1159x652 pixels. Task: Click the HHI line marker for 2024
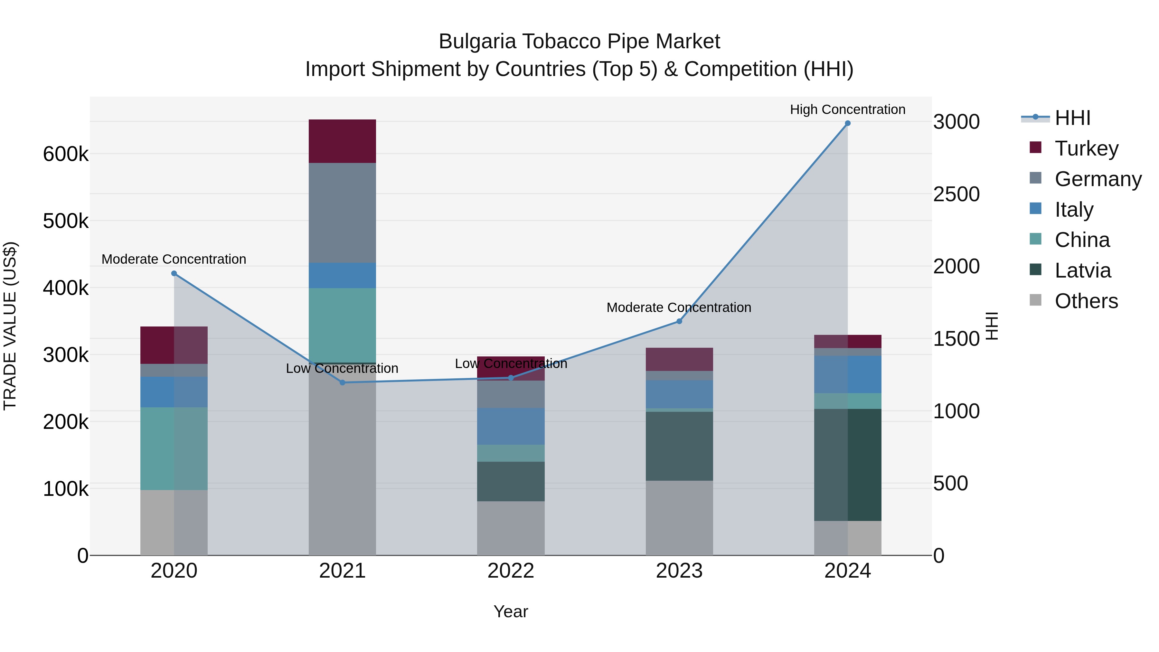point(847,123)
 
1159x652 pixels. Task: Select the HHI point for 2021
point(343,383)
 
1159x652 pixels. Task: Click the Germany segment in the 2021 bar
point(343,213)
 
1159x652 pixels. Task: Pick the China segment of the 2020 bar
point(174,449)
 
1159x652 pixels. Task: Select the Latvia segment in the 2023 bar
point(679,446)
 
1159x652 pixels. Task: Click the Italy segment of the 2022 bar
point(511,426)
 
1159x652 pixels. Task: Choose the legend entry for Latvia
point(1082,270)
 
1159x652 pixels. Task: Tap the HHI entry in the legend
point(1072,118)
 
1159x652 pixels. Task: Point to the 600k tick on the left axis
point(66,154)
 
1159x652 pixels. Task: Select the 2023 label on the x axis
point(679,571)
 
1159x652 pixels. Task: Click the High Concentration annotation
point(847,109)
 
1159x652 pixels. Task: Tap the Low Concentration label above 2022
point(511,364)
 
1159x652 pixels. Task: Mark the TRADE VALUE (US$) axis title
point(10,326)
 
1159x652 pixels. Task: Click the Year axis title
point(511,611)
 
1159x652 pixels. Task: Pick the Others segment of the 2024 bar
point(847,538)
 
